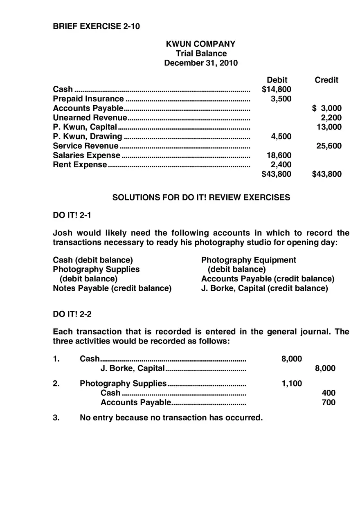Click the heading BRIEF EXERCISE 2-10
96,27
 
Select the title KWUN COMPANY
200,44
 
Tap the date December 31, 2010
200,63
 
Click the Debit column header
277,80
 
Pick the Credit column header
326,80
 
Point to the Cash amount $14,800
277,89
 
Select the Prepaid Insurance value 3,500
281,99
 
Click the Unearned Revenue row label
90,118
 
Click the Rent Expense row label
80,165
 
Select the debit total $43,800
277,174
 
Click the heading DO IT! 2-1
72,215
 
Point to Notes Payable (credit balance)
112,288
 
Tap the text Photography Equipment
248,260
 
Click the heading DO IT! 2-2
72,314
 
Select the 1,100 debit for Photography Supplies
292,384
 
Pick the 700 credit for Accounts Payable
328,402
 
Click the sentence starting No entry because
171,418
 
